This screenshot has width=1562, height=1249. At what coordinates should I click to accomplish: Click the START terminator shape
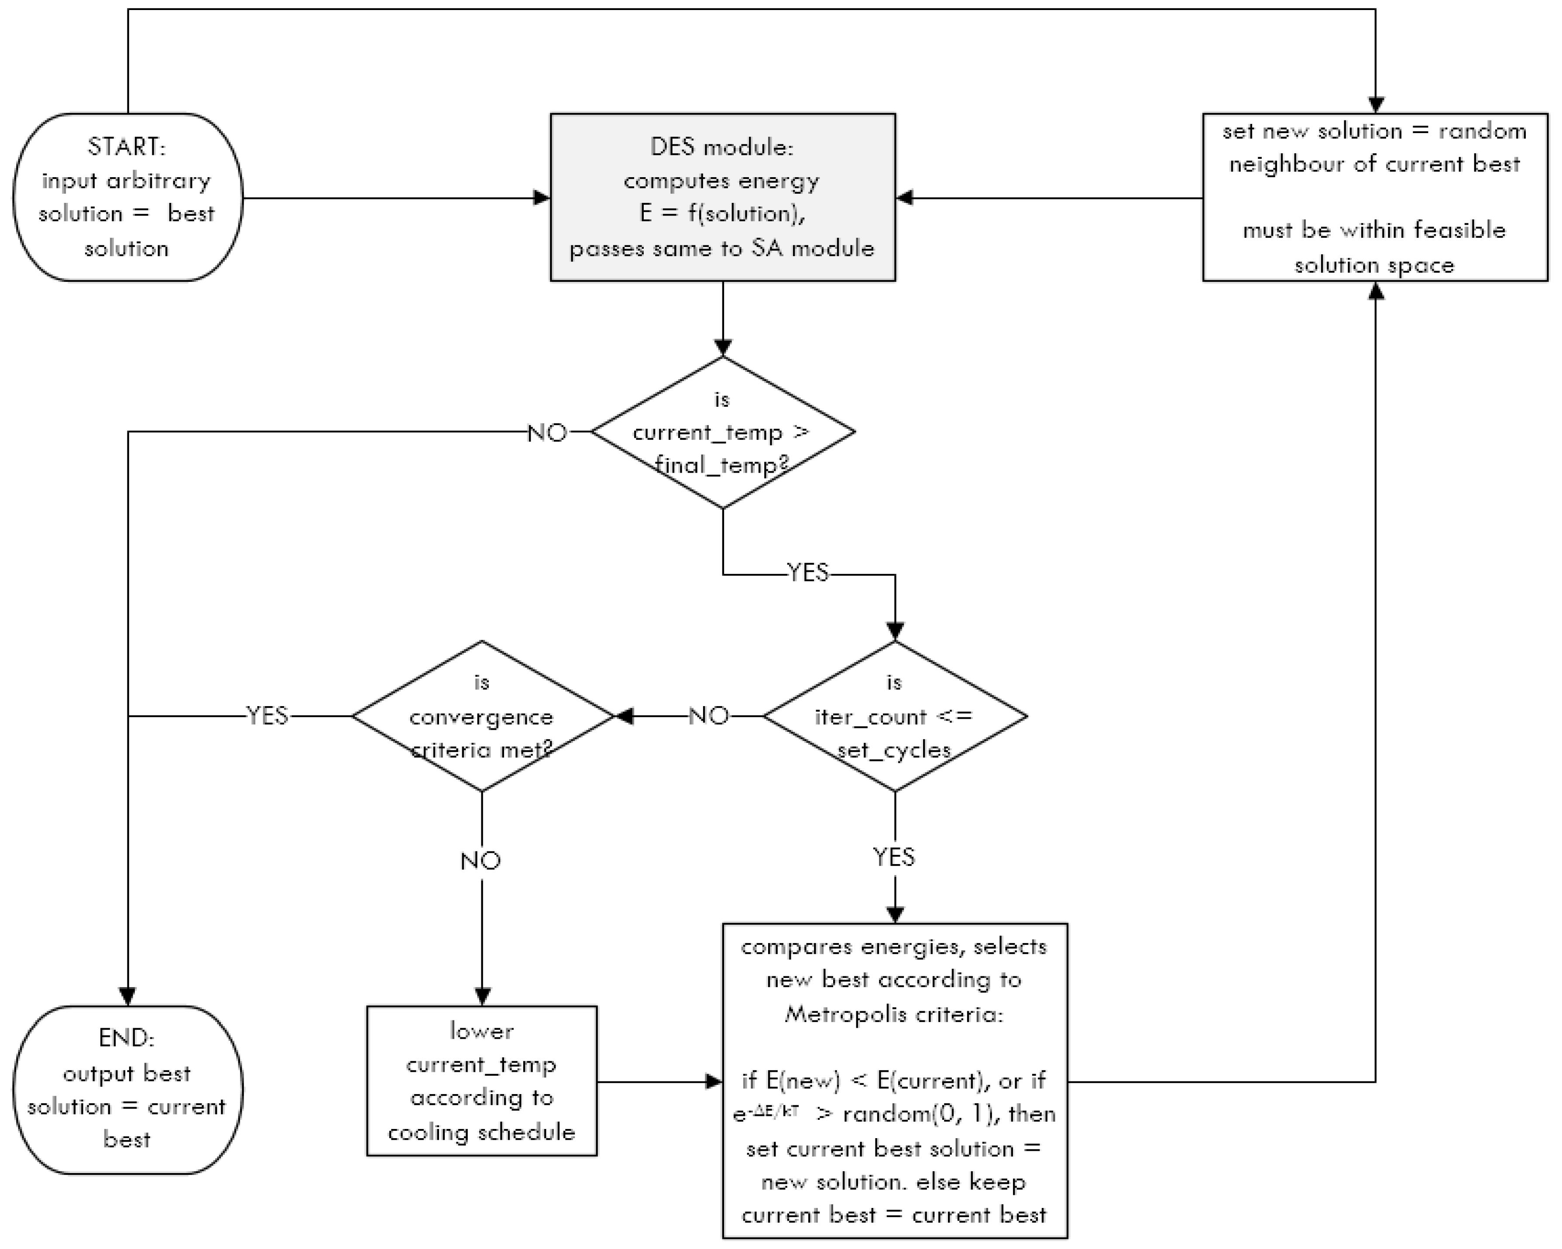(127, 197)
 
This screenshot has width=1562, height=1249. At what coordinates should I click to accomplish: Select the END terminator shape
(127, 1090)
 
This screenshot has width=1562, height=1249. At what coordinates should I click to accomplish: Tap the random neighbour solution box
(1375, 197)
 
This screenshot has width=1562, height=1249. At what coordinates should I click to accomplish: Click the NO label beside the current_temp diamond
(547, 432)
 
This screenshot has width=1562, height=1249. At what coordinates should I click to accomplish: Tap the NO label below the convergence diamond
(481, 861)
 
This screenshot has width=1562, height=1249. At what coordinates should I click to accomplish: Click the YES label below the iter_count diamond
(894, 857)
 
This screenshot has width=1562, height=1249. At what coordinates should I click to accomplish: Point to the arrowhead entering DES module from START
(542, 197)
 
